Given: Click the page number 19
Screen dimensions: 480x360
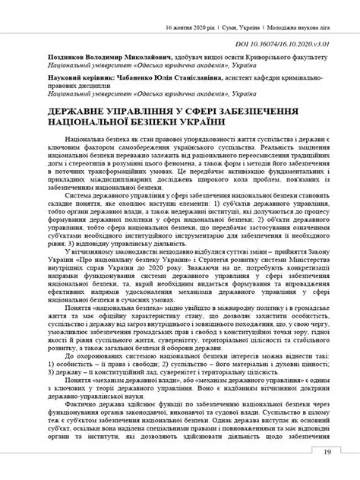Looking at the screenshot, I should (327, 453).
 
